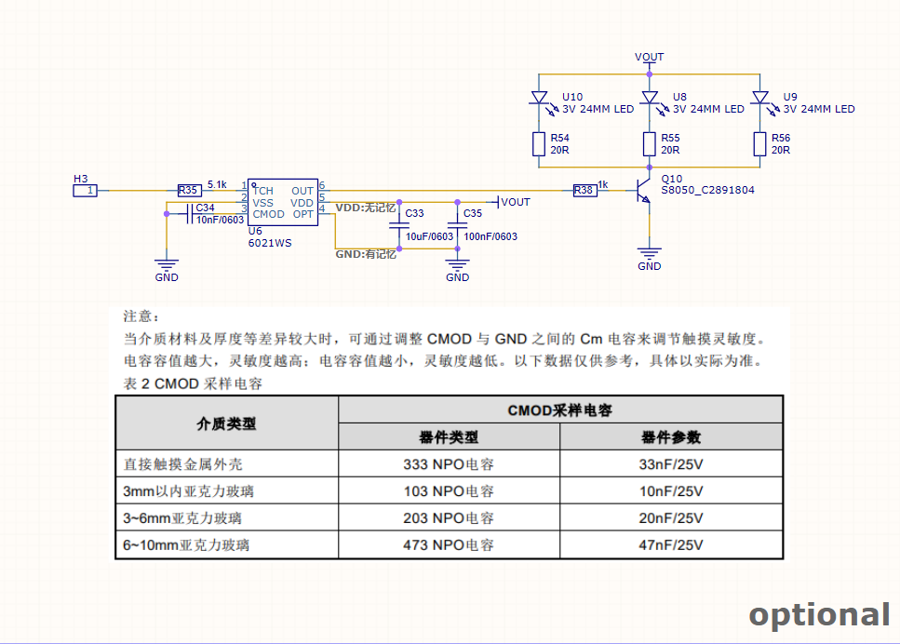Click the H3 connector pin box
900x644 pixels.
(x=85, y=190)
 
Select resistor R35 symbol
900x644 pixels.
(x=190, y=190)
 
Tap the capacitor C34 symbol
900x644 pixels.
(x=190, y=214)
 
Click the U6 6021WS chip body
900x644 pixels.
(x=283, y=202)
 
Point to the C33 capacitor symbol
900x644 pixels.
(x=399, y=226)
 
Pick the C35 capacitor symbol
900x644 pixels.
(x=458, y=226)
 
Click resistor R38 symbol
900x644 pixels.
(x=584, y=190)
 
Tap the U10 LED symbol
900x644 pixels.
(x=540, y=100)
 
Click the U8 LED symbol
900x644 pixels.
(x=650, y=100)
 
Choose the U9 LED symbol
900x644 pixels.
(x=760, y=100)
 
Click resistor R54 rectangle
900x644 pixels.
(x=538, y=144)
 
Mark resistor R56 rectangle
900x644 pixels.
(x=760, y=144)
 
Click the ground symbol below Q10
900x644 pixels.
(x=649, y=252)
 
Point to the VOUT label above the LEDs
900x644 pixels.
(x=649, y=57)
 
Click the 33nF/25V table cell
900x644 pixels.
(x=671, y=463)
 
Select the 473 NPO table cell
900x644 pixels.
(x=449, y=544)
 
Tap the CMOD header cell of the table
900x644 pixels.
(x=560, y=409)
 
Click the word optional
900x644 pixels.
(x=820, y=615)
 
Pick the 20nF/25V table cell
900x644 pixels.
(x=671, y=517)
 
